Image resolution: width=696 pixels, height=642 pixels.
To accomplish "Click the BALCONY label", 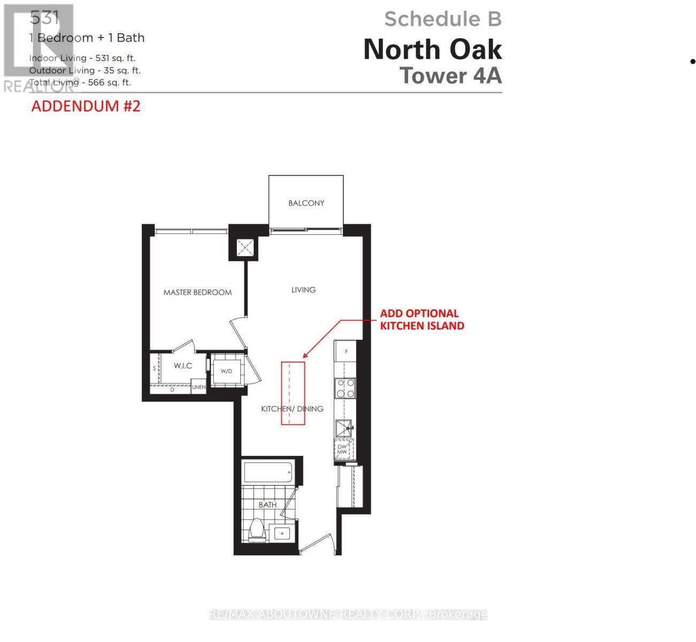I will tap(306, 203).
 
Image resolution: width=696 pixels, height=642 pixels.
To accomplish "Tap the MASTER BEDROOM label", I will tap(197, 292).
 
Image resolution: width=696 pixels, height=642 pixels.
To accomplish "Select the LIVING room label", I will tap(303, 289).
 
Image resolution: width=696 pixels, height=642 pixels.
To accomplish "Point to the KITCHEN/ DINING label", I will tap(292, 409).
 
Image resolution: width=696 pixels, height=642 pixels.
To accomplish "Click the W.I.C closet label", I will tap(182, 365).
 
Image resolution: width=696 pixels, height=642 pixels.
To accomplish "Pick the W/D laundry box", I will tap(226, 371).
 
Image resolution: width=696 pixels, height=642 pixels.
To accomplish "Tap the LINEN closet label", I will tap(198, 387).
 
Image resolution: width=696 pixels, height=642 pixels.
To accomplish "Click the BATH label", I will tap(267, 505).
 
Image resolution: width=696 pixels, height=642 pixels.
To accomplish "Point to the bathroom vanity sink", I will tap(281, 533).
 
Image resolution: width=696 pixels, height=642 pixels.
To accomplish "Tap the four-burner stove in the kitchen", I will tap(345, 388).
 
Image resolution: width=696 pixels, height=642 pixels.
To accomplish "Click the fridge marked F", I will tap(346, 351).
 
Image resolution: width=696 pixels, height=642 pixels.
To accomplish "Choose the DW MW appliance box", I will tap(342, 449).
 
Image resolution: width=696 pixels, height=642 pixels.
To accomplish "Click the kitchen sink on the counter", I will tap(343, 428).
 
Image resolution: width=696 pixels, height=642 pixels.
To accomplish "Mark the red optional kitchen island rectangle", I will tap(293, 393).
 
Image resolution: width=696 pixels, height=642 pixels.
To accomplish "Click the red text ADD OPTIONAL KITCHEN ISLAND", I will tap(422, 319).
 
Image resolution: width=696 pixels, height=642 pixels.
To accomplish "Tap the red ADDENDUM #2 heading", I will tap(86, 106).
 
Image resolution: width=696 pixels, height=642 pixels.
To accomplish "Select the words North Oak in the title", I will tap(432, 50).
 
